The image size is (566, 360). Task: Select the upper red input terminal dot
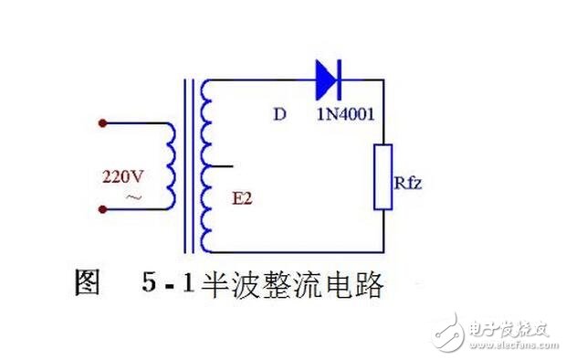point(102,122)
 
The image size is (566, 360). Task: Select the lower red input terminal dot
point(102,209)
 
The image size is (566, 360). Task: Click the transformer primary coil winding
point(171,165)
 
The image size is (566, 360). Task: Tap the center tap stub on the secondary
point(224,165)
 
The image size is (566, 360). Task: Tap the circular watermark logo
point(451,326)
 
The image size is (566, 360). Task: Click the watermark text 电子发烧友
point(512,323)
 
